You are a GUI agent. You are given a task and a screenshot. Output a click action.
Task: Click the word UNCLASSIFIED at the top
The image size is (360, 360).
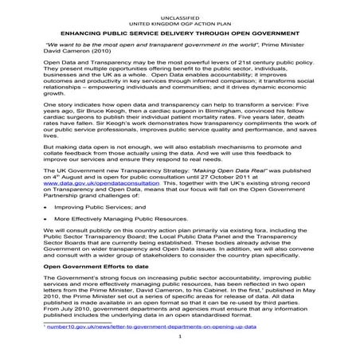click(179, 7)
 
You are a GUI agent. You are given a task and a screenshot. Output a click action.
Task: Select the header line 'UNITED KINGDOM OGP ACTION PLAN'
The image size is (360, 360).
click(179, 14)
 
